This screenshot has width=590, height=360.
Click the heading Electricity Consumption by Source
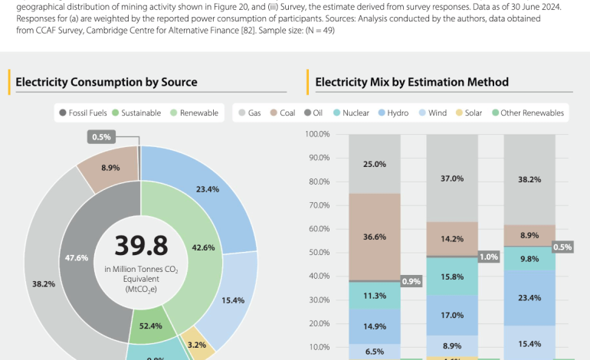(x=106, y=82)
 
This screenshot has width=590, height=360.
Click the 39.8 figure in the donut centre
(x=140, y=245)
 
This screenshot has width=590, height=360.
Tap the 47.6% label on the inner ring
(x=77, y=258)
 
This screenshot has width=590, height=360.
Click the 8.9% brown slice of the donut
(x=109, y=167)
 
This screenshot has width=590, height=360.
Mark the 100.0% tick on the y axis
(x=317, y=134)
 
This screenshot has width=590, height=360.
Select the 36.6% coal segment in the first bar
(x=374, y=237)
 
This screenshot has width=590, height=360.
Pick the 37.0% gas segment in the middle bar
(x=452, y=178)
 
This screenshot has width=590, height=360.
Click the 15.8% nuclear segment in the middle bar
(x=452, y=276)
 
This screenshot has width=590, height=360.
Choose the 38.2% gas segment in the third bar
(x=529, y=179)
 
